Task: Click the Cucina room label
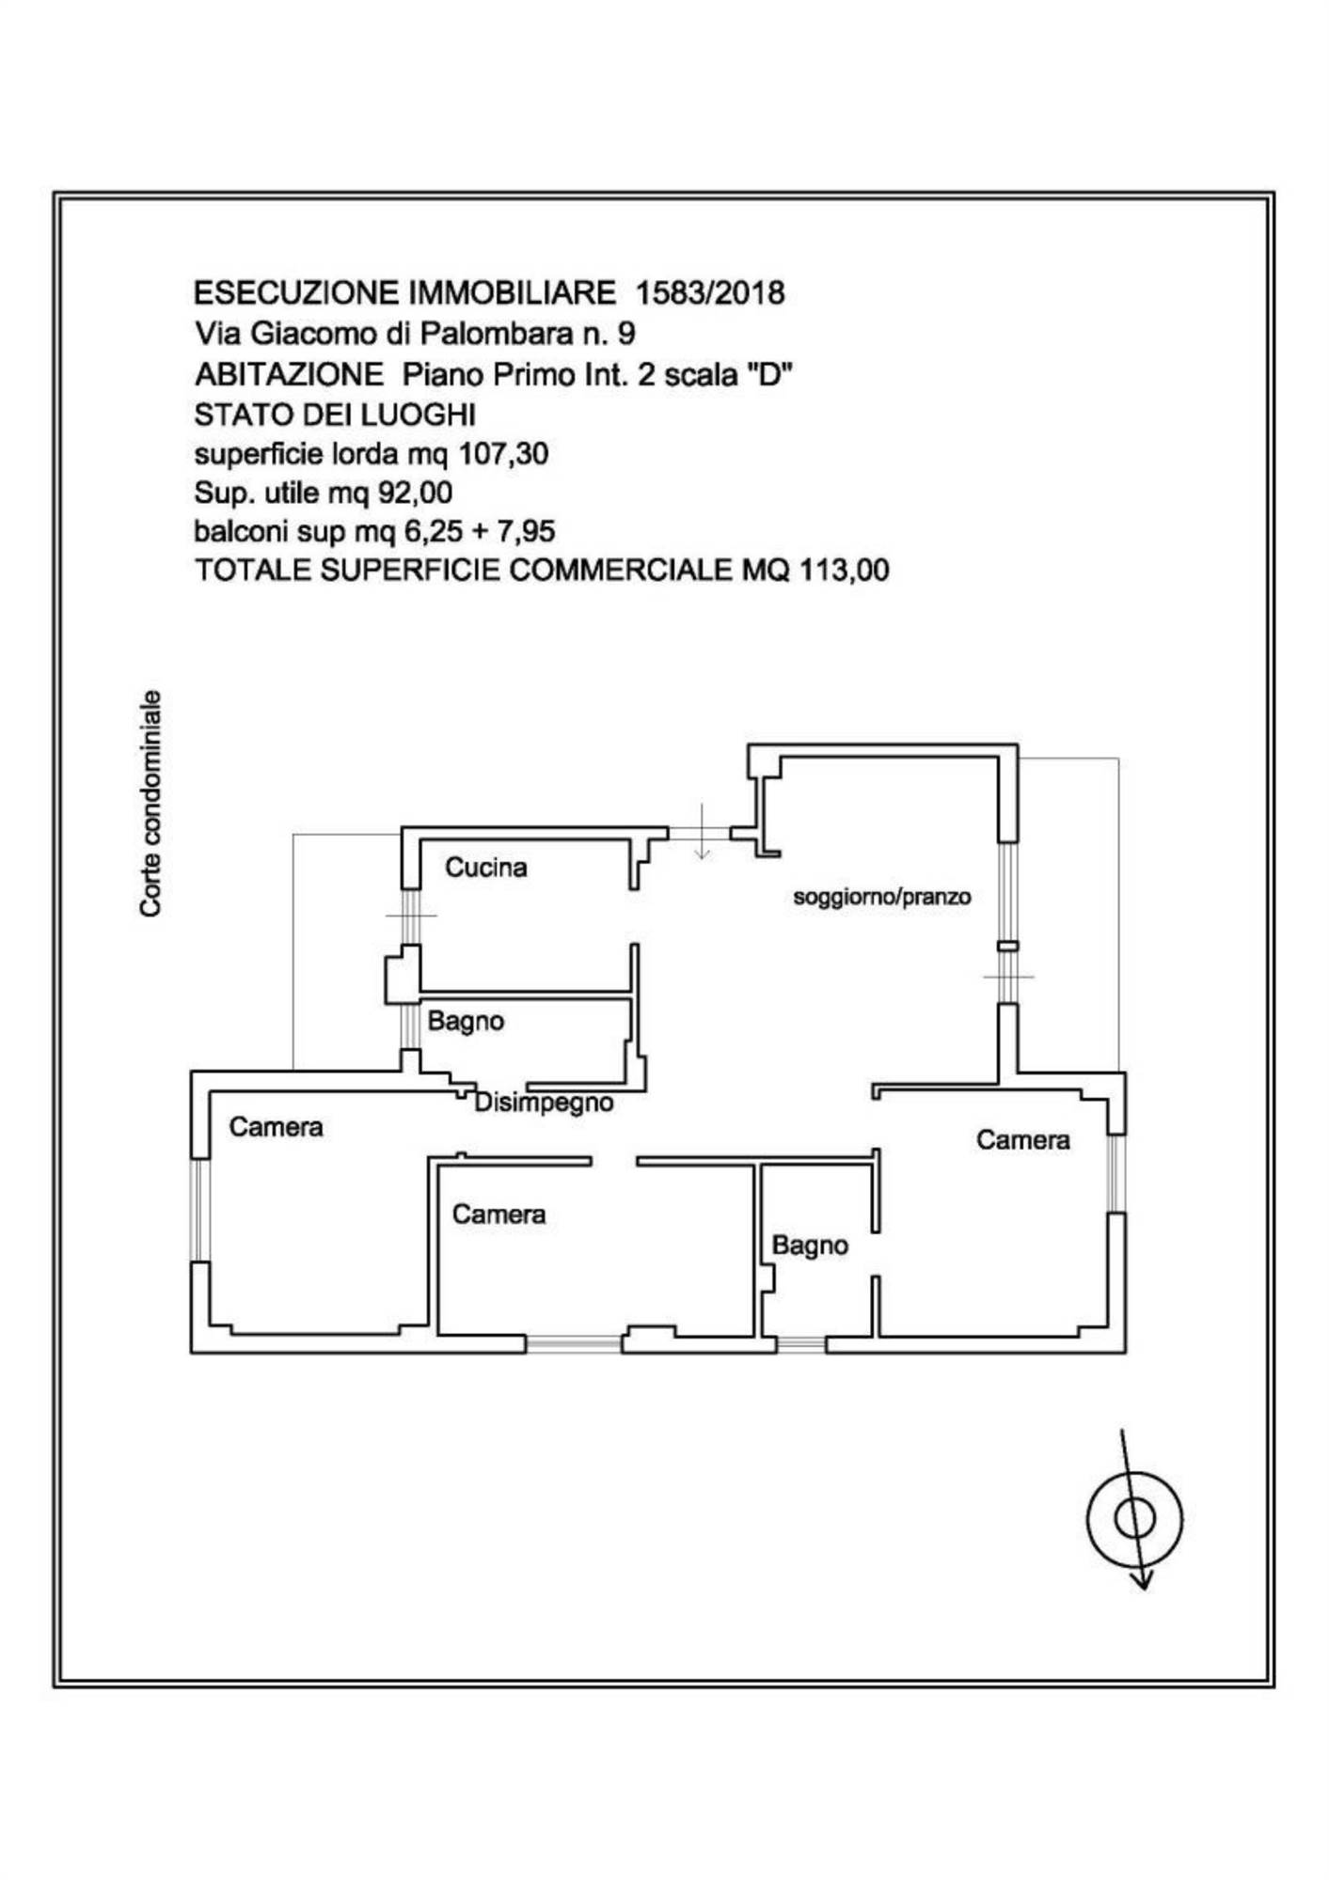[485, 867]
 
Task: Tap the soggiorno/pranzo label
[881, 897]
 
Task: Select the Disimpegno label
[544, 1103]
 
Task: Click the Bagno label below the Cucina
[466, 1021]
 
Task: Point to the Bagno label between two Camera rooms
[810, 1245]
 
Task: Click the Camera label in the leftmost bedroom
[276, 1126]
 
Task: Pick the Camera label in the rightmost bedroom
[1022, 1139]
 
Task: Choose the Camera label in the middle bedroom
[498, 1214]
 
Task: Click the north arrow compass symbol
[1134, 1517]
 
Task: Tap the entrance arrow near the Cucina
[702, 832]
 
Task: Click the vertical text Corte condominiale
[150, 804]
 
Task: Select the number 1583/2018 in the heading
[710, 293]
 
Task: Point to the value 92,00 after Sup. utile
[415, 493]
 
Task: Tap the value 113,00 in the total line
[844, 570]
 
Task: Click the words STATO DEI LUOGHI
[335, 415]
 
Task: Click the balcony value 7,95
[526, 531]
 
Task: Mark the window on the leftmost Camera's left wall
[200, 1209]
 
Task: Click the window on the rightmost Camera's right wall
[1115, 1174]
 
